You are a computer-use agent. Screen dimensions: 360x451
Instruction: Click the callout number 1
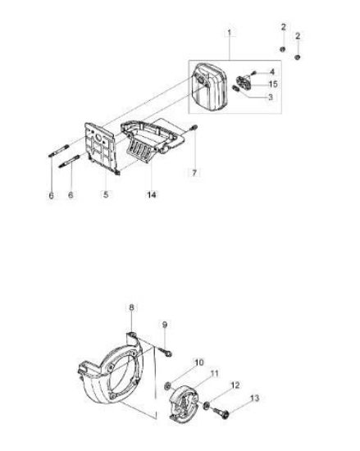(x=229, y=33)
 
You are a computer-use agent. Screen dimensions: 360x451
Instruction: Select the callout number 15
(x=273, y=84)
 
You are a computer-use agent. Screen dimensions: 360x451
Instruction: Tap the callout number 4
(x=272, y=71)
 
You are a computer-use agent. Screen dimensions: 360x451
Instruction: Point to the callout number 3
(x=271, y=98)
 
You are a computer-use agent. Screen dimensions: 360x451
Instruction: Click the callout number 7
(x=194, y=173)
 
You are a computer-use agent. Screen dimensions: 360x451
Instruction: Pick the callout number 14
(x=152, y=194)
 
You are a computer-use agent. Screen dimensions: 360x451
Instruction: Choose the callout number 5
(x=106, y=194)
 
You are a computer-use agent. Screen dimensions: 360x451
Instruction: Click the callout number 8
(x=131, y=307)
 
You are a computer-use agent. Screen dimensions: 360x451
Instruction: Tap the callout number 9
(x=165, y=325)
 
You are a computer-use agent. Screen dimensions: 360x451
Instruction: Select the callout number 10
(x=199, y=362)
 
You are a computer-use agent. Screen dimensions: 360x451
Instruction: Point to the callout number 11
(x=214, y=374)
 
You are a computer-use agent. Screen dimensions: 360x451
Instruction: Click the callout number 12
(x=235, y=385)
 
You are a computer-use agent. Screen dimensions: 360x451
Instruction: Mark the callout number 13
(x=254, y=398)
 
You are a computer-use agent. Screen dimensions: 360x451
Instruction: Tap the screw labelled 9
(x=166, y=352)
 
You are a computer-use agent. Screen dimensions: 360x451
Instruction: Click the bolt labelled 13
(x=221, y=412)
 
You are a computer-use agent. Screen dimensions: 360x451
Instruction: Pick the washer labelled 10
(x=168, y=386)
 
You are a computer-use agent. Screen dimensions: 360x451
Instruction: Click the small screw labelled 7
(x=194, y=127)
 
